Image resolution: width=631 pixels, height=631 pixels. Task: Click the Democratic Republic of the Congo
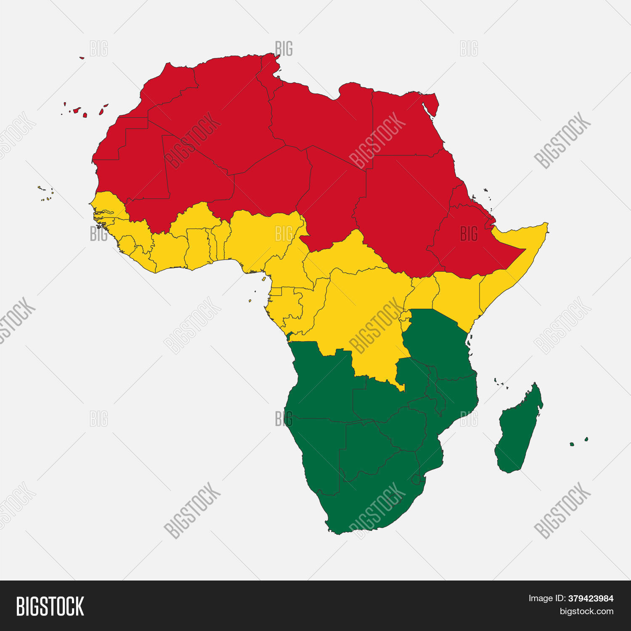point(362,311)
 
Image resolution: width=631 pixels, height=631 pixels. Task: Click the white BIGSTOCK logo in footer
point(50,606)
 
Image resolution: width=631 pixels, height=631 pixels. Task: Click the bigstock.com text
point(586,611)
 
